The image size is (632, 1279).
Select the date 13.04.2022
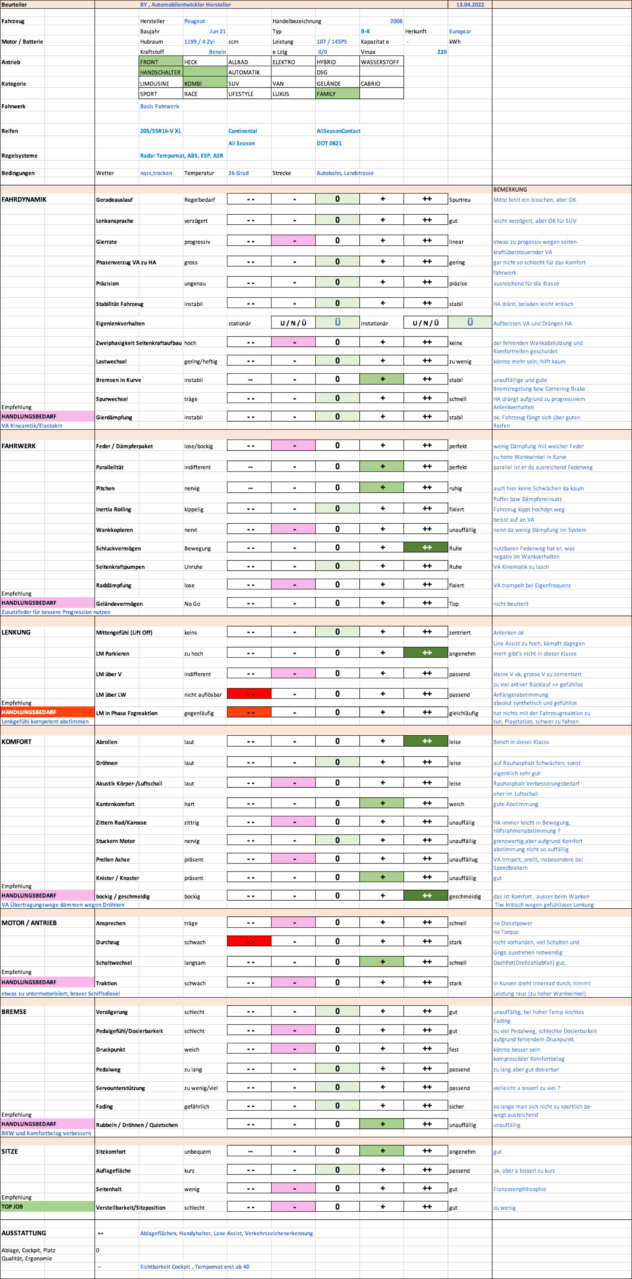pos(470,5)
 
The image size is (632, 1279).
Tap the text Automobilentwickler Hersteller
pos(191,5)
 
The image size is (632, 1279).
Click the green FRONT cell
pos(160,62)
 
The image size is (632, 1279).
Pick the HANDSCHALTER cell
pos(160,72)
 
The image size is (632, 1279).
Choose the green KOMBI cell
pos(205,83)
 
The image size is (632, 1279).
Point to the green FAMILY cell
pos(337,94)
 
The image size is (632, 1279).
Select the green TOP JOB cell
pos(47,1206)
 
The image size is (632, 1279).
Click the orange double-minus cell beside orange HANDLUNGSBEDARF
pos(249,712)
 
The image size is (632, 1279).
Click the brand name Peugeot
pos(194,21)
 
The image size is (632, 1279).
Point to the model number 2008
pos(396,21)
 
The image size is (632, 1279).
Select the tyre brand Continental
pos(243,130)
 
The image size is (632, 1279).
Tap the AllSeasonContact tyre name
pos(338,130)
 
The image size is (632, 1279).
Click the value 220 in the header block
pos(441,52)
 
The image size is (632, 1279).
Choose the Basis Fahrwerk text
pos(159,106)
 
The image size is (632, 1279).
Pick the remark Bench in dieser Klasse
pos(521,742)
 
